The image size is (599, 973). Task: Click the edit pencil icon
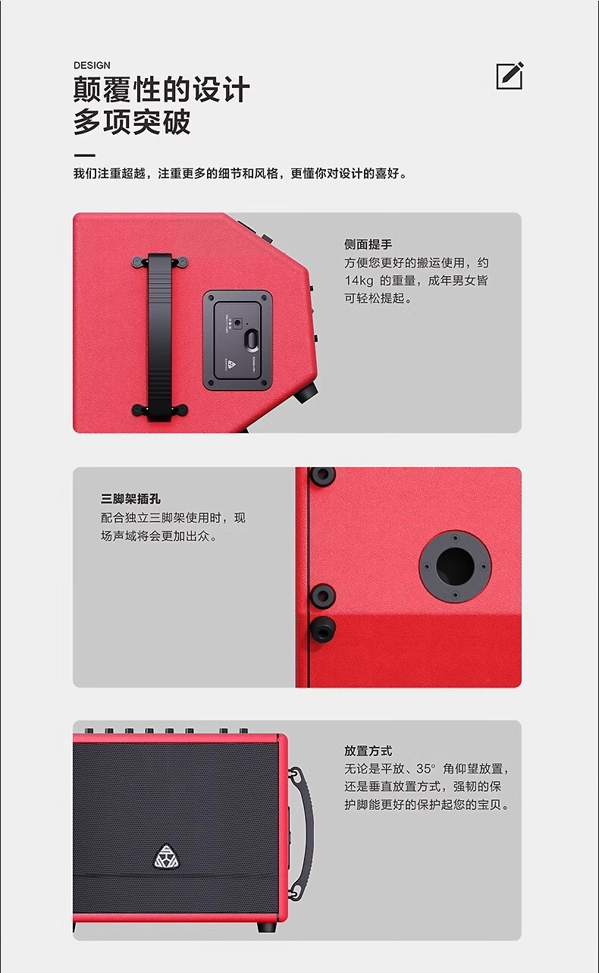pyautogui.click(x=510, y=76)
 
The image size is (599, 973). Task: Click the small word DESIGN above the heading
pyautogui.click(x=92, y=65)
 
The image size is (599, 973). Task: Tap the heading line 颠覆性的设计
pyautogui.click(x=162, y=89)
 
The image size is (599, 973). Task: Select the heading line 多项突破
pyautogui.click(x=132, y=121)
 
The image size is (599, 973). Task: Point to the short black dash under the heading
pyautogui.click(x=84, y=155)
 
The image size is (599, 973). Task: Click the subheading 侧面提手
pyautogui.click(x=368, y=244)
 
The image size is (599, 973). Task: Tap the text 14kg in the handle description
pyautogui.click(x=359, y=281)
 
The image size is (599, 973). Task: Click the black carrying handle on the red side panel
pyautogui.click(x=159, y=337)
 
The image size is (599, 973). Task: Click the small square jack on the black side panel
pyautogui.click(x=237, y=323)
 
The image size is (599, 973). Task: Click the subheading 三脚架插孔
pyautogui.click(x=130, y=499)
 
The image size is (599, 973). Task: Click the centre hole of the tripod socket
pyautogui.click(x=455, y=567)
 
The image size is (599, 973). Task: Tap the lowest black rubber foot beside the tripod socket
pyautogui.click(x=323, y=629)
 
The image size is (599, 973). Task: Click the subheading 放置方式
pyautogui.click(x=368, y=751)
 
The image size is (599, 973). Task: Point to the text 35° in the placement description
pyautogui.click(x=425, y=769)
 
